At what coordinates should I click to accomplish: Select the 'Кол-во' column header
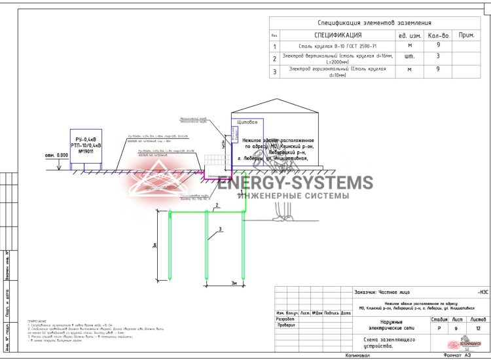coord(437,35)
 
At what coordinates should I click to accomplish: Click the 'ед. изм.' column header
coord(409,35)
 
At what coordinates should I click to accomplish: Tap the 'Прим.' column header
coord(466,35)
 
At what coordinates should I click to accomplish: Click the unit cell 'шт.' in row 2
coord(410,58)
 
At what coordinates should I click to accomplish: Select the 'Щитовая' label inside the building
coord(247,122)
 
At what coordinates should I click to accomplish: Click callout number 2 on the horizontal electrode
coord(215,207)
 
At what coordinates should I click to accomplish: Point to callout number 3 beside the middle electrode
coord(221,228)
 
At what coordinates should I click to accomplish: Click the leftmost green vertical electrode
coord(170,248)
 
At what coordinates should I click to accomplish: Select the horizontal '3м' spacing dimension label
coord(234,283)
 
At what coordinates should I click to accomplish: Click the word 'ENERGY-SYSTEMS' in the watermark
coord(295,183)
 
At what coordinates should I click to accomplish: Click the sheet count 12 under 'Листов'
coord(478,327)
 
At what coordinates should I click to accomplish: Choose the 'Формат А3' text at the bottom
coord(457,355)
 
